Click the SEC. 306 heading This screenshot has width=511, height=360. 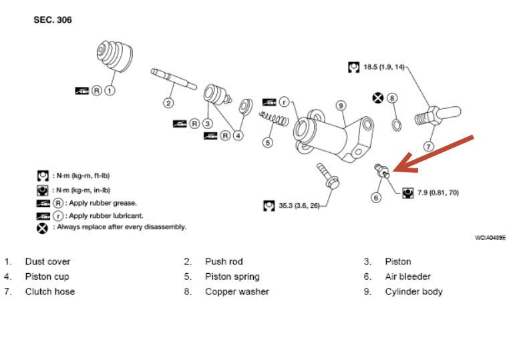[53, 21]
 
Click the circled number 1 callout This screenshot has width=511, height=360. [110, 90]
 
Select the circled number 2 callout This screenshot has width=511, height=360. [168, 103]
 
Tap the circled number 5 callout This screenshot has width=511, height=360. [268, 142]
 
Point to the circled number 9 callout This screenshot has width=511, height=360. [340, 106]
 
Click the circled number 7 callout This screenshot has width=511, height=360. [429, 146]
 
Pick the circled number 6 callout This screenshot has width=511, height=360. [377, 197]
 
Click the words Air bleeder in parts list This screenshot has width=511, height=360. [407, 277]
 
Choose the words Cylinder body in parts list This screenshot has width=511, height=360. [413, 292]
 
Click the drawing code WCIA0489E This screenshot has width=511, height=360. [490, 238]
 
